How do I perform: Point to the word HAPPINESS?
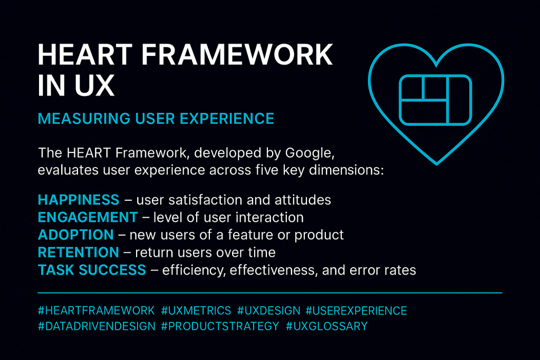(x=79, y=200)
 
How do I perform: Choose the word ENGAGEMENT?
(x=88, y=217)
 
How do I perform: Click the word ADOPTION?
(x=75, y=235)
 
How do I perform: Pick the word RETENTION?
(x=79, y=252)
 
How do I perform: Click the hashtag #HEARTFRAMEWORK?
(x=97, y=310)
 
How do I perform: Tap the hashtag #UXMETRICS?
(x=196, y=310)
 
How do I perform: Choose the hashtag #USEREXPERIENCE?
(x=356, y=310)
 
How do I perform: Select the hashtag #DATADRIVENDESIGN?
(x=97, y=326)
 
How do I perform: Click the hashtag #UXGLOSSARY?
(x=326, y=326)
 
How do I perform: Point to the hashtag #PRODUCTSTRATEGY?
(x=220, y=326)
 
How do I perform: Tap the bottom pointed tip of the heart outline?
(x=437, y=163)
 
